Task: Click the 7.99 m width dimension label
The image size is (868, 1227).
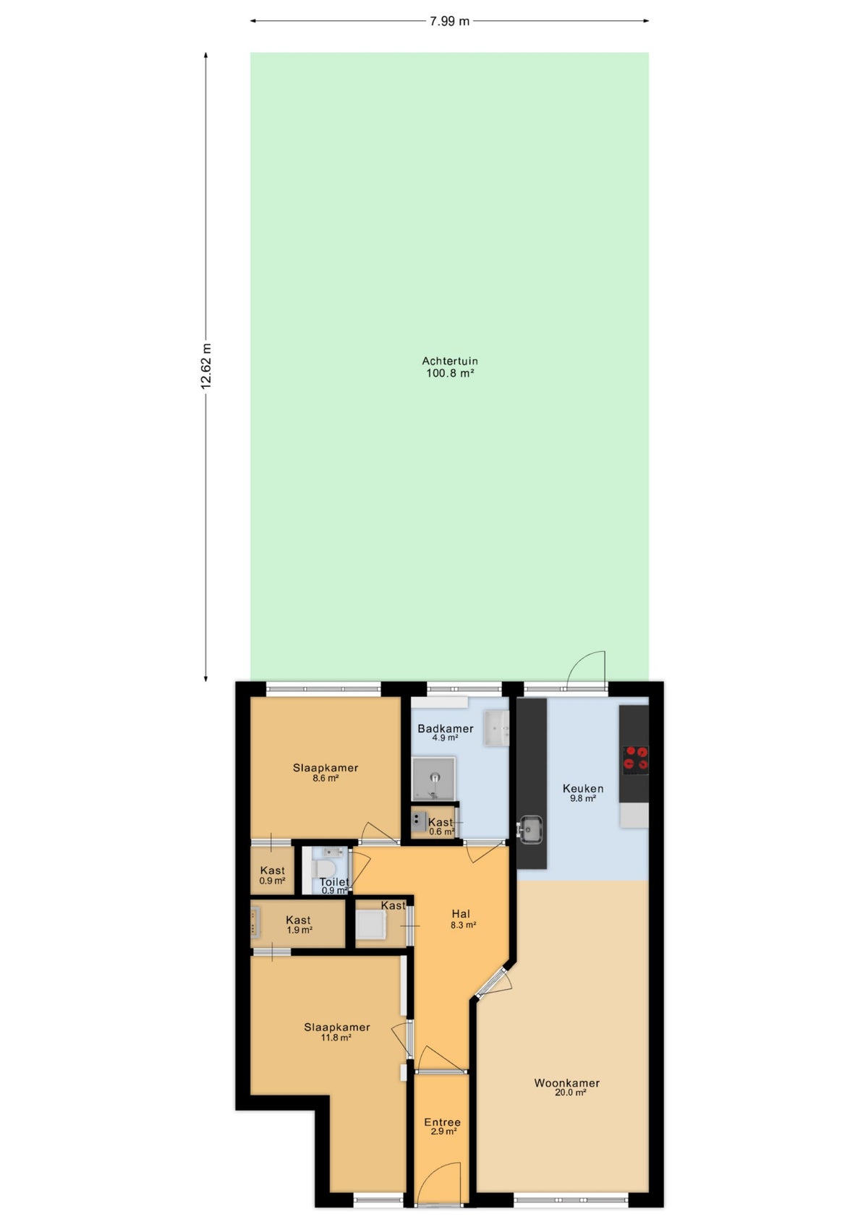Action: coord(449,22)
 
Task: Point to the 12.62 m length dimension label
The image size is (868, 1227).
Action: coord(205,367)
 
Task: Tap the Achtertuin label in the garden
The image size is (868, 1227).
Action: coord(449,361)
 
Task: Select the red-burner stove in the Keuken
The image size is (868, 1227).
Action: coord(636,759)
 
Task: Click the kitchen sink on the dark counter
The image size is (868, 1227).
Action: coord(530,828)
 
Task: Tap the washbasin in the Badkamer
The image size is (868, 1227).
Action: coord(496,729)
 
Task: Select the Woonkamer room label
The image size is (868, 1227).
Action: coord(566,1082)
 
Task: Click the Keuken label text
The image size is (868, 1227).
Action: coord(583,788)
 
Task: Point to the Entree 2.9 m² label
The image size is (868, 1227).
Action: coord(442,1126)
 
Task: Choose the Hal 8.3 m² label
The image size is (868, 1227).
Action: coord(462,918)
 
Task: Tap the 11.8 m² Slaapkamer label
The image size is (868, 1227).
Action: coord(336,1032)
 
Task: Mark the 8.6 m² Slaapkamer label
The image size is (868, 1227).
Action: coord(325,772)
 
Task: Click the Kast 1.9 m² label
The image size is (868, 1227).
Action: coord(298,925)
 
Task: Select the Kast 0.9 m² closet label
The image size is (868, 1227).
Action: coord(273,875)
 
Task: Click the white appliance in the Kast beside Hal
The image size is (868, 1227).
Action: coord(370,925)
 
